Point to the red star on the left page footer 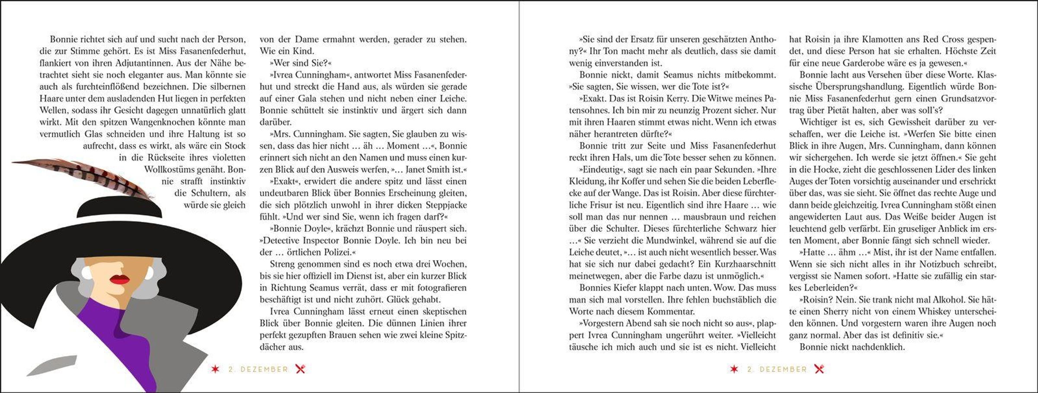(215, 369)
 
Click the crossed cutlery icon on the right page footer (819, 369)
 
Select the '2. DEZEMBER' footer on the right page (777, 370)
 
